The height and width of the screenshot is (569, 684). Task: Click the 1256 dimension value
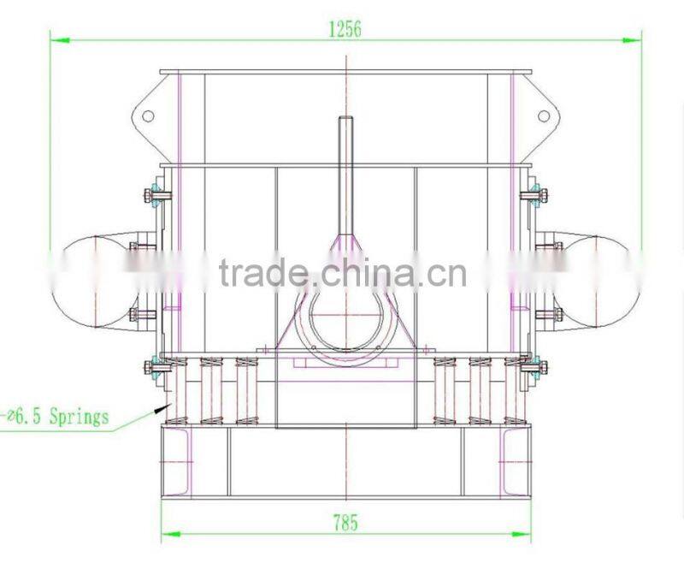345,29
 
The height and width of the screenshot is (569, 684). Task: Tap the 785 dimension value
345,522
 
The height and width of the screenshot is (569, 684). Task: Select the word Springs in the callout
79,416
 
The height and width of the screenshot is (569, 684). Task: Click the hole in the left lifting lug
148,116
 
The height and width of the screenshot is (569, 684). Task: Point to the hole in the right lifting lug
544,116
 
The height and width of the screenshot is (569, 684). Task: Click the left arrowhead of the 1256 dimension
60,40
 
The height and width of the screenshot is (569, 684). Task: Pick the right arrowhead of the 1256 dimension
631,40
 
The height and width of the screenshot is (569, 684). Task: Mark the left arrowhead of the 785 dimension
171,534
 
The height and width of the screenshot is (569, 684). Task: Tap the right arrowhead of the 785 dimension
522,534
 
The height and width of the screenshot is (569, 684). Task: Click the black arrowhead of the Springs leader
162,408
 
